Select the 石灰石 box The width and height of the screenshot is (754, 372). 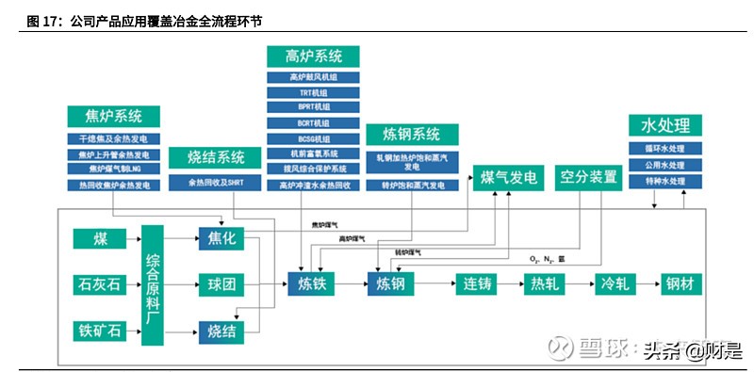click(x=100, y=283)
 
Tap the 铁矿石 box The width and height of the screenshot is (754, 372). click(x=100, y=330)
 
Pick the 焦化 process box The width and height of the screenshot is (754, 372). click(x=222, y=238)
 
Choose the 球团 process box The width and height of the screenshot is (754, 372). click(x=222, y=283)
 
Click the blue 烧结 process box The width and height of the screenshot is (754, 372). click(x=222, y=330)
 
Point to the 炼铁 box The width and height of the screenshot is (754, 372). click(x=312, y=283)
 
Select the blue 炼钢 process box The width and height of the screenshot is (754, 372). click(x=392, y=283)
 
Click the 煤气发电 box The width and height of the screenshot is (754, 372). click(x=509, y=177)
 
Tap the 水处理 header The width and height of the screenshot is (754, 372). click(x=665, y=126)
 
